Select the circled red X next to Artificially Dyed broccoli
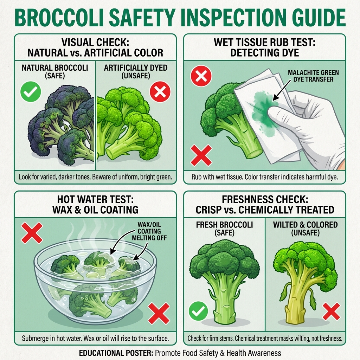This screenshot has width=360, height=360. [x=160, y=92]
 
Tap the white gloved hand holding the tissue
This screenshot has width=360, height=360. [x=309, y=123]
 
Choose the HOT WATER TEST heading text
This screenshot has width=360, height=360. [x=95, y=204]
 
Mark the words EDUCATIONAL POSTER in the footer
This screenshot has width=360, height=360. [x=115, y=353]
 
